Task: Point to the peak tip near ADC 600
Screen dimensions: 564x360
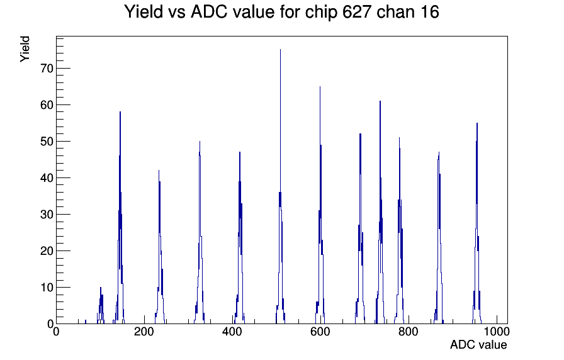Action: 320,87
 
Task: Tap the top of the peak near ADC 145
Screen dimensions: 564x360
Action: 120,112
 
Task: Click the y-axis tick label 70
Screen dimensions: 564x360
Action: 47,69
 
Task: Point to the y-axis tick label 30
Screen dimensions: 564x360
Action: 47,215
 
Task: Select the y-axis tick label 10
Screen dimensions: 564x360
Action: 47,288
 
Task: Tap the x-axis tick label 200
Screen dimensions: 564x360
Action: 144,332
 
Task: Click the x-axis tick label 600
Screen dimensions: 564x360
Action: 320,332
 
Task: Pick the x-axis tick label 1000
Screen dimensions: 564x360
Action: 497,332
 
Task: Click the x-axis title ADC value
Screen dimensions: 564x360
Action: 478,345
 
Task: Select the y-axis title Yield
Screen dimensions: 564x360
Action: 25,49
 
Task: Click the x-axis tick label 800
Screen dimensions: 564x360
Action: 409,332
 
